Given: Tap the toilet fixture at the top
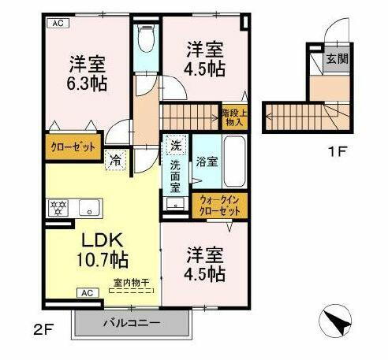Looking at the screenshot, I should pos(145,38).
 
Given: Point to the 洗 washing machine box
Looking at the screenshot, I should pos(176,147).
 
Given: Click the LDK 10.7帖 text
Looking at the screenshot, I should pos(102,248).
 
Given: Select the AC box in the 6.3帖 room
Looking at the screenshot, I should pos(58,24).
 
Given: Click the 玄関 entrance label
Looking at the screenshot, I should pos(338,59).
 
